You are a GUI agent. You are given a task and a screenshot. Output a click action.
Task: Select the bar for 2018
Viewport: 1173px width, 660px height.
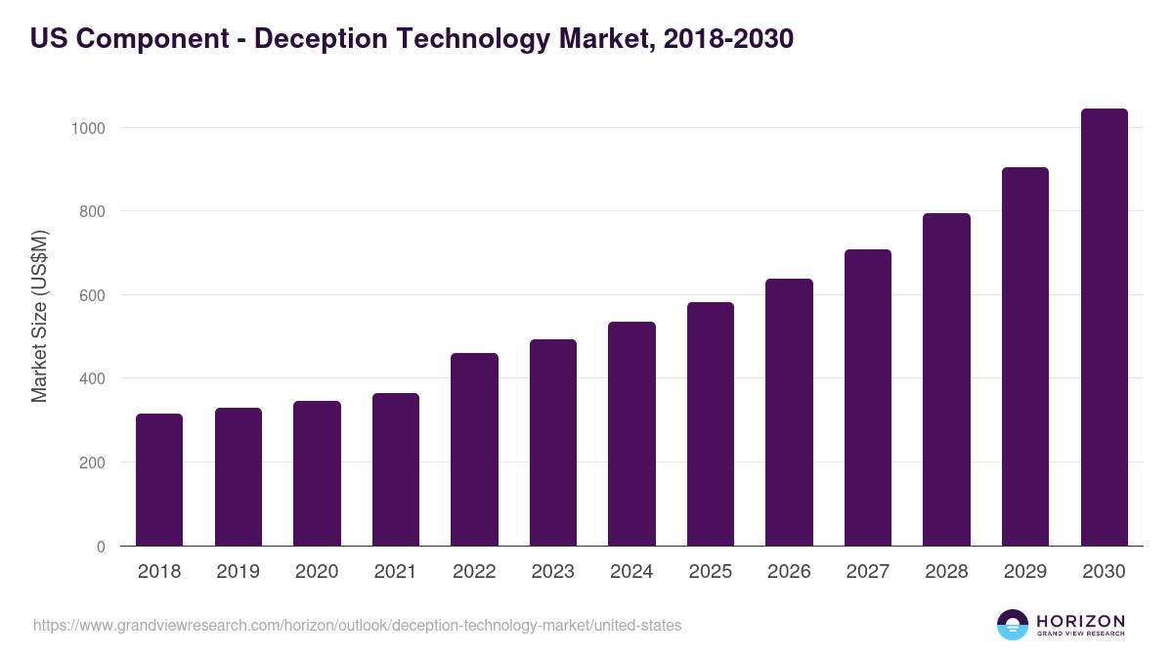[x=159, y=479]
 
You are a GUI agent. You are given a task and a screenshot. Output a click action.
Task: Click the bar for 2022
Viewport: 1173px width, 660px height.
[x=474, y=449]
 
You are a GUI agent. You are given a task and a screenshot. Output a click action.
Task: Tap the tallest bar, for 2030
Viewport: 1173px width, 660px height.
[x=1104, y=327]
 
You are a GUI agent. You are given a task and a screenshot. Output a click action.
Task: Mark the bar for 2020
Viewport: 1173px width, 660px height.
[x=317, y=473]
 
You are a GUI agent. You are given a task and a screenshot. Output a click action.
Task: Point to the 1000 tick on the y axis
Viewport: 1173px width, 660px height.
[x=93, y=128]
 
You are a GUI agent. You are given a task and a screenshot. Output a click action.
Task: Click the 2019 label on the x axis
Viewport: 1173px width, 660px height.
[x=238, y=572]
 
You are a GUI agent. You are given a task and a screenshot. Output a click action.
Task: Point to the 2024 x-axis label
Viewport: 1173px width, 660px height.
[x=631, y=572]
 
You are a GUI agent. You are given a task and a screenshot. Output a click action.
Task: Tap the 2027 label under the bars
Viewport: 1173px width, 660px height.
[x=868, y=572]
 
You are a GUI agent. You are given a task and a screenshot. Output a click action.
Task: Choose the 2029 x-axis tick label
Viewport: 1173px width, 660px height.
[x=1025, y=572]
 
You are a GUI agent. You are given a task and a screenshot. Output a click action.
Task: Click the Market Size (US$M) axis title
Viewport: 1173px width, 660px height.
[x=39, y=316]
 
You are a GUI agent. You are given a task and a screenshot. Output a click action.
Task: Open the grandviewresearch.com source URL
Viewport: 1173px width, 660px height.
[x=357, y=625]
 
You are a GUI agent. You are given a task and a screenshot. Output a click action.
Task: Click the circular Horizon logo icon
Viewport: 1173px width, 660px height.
[x=1013, y=625]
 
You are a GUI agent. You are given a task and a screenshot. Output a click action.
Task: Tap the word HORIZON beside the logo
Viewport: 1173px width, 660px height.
[x=1080, y=621]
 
